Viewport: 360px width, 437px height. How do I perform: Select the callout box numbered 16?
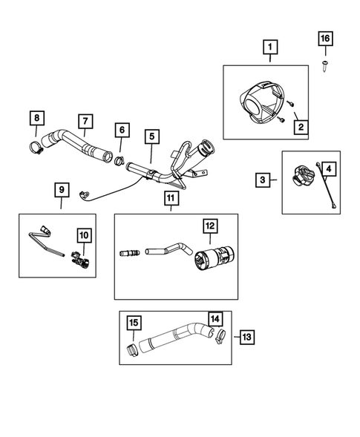324,38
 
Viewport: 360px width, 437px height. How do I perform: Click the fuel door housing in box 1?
259,104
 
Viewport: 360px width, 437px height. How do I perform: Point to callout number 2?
300,127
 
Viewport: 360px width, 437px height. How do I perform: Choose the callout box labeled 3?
263,180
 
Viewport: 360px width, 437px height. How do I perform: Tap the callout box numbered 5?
151,137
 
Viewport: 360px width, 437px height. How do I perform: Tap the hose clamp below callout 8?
35,146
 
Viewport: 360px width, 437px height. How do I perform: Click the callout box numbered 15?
134,323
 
